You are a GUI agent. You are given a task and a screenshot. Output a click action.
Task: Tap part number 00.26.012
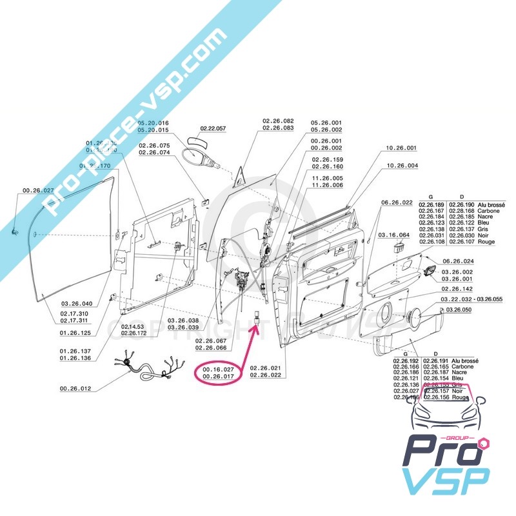pyautogui.click(x=76, y=389)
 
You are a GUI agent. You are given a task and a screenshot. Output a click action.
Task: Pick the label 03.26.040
pyautogui.click(x=77, y=304)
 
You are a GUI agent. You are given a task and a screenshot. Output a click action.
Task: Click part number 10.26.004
pyautogui.click(x=402, y=166)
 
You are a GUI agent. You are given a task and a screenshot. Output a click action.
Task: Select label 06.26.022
pyautogui.click(x=397, y=203)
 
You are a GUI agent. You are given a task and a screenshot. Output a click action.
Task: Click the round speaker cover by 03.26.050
pyautogui.click(x=418, y=317)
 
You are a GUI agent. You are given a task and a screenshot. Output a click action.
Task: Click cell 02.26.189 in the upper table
pyautogui.click(x=432, y=204)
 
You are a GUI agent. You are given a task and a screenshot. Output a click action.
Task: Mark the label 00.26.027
pyautogui.click(x=35, y=191)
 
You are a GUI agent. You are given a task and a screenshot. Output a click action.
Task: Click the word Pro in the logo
pyautogui.click(x=436, y=452)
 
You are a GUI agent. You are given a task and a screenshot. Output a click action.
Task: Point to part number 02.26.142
pyautogui.click(x=457, y=289)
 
